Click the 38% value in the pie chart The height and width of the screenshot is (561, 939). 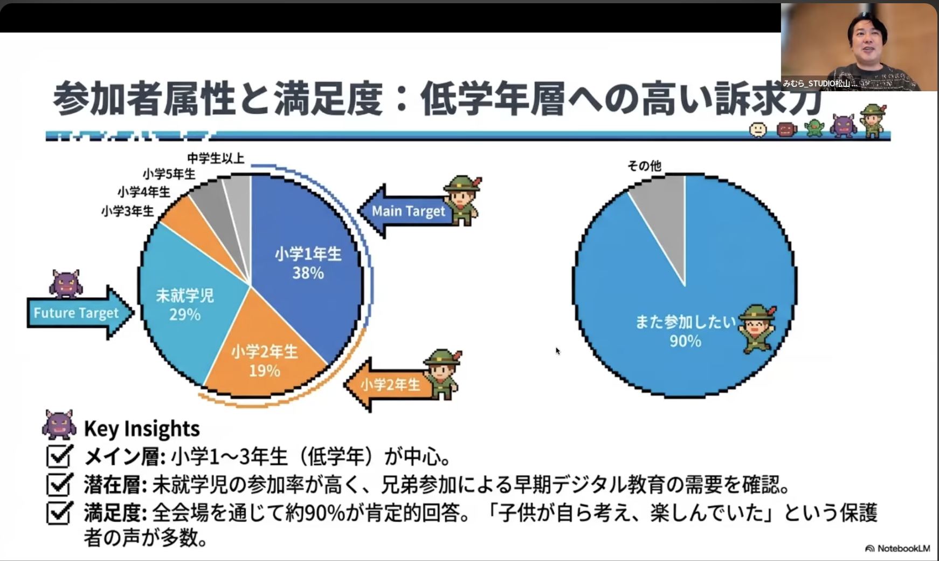click(x=308, y=273)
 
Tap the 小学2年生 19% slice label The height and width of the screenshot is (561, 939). click(x=264, y=361)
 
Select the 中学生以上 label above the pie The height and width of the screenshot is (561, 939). click(x=216, y=158)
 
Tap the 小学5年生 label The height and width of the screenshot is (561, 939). click(x=169, y=174)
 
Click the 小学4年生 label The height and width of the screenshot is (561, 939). click(x=143, y=191)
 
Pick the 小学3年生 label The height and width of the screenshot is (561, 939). click(x=127, y=210)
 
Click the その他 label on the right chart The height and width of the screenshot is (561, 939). click(x=644, y=166)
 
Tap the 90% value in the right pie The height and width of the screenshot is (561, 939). click(x=685, y=341)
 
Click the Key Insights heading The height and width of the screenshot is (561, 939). click(x=142, y=428)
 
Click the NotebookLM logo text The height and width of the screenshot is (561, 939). click(x=903, y=549)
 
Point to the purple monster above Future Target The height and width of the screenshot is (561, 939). click(x=66, y=284)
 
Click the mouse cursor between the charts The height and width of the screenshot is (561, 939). click(x=558, y=351)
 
